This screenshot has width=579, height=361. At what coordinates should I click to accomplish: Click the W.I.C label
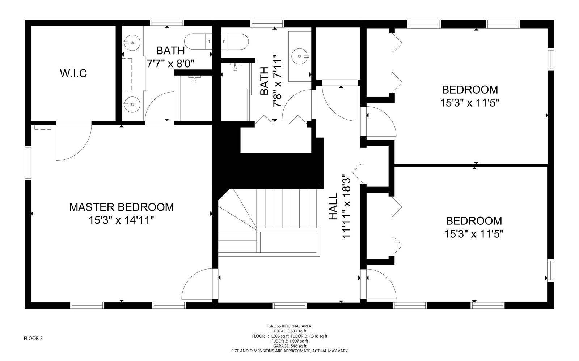73,73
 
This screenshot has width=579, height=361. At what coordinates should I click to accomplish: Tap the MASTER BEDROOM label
122,207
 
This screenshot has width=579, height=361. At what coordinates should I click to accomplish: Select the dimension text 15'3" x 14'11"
122,220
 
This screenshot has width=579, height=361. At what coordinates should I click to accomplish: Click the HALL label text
333,207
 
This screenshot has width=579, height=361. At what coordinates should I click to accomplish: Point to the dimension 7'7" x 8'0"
170,64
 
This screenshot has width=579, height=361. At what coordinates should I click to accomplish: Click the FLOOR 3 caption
33,338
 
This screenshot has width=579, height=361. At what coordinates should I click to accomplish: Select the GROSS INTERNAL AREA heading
290,326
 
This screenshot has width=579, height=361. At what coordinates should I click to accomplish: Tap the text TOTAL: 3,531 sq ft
290,331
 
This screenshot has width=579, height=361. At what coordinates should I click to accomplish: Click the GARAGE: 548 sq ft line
290,346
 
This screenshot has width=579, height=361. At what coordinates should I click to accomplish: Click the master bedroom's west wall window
28,163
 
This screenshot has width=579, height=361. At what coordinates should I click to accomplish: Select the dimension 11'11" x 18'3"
346,208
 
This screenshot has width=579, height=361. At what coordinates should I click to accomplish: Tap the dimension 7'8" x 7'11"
277,81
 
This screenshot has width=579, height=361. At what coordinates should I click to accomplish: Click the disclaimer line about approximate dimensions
290,351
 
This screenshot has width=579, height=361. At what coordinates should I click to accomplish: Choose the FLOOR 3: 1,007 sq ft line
290,341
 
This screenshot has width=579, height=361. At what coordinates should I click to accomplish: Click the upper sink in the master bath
132,42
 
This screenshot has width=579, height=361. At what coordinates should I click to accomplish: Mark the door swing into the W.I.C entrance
74,143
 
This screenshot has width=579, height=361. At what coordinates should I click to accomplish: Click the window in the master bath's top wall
167,23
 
